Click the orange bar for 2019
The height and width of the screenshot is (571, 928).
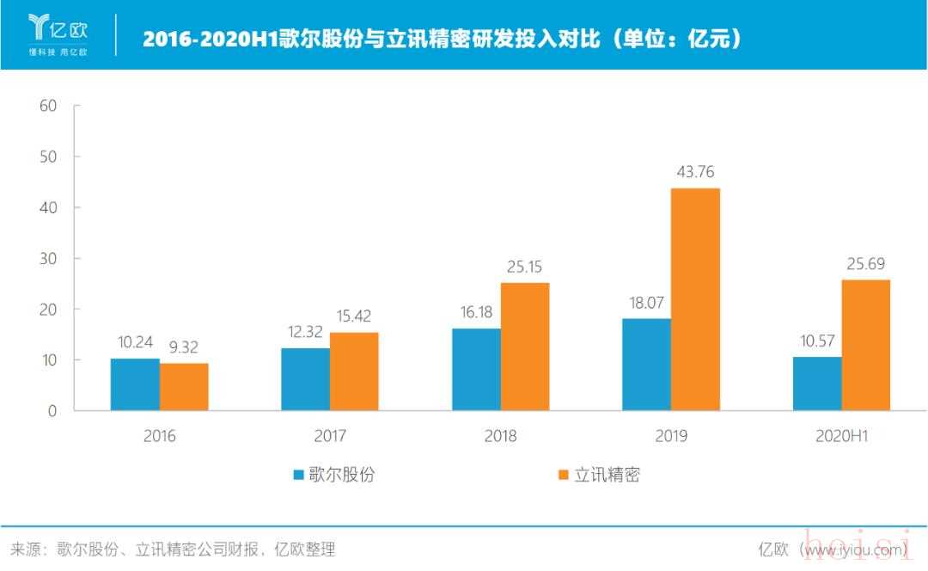click(695, 299)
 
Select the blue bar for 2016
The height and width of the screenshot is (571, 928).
click(135, 384)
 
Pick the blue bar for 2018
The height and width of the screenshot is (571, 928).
click(476, 369)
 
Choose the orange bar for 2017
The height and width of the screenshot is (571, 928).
click(353, 371)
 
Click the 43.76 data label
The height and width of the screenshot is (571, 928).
click(696, 172)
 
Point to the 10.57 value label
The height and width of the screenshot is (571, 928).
click(816, 341)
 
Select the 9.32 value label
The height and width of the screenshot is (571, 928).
click(185, 347)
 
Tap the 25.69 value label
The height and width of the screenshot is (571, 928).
click(865, 264)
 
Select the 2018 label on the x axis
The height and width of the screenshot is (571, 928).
click(500, 436)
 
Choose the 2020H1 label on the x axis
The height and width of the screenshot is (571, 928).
click(841, 436)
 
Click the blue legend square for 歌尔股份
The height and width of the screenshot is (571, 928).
click(298, 474)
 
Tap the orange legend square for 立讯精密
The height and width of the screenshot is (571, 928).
click(564, 474)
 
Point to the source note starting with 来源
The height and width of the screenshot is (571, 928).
click(172, 549)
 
